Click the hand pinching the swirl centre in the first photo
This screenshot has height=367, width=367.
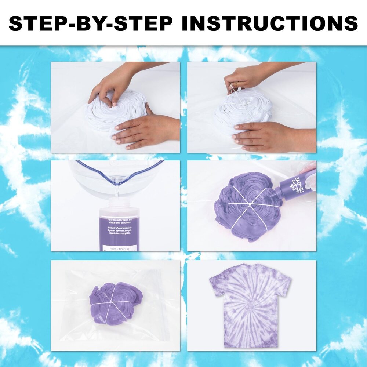[110, 83]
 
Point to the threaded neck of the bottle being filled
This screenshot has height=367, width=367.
[117, 204]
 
